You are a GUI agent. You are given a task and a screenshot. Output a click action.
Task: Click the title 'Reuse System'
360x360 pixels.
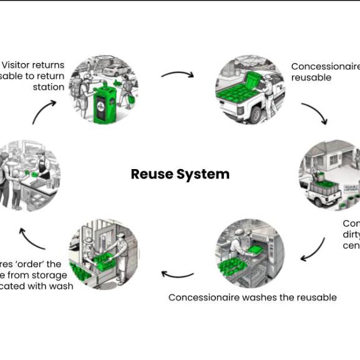180,174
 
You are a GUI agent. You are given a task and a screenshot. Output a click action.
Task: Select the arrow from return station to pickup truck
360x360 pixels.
177,74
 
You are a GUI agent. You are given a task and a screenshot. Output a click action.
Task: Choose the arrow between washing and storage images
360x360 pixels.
177,274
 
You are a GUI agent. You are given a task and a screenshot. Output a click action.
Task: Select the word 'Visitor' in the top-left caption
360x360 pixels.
18,65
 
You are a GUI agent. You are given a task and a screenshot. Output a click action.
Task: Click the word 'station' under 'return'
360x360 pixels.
49,87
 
